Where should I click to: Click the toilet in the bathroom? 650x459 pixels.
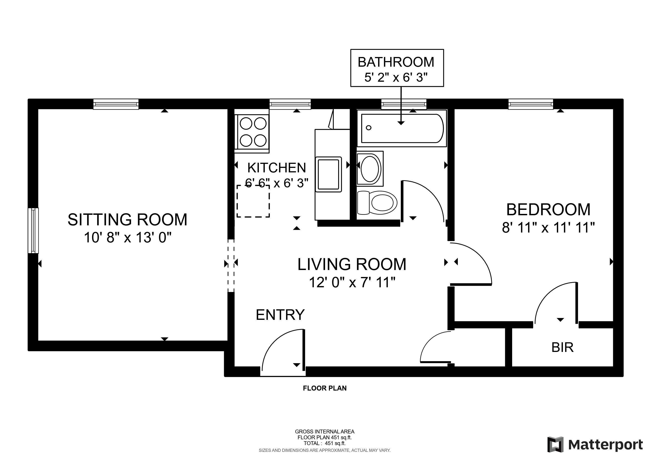coord(377,203)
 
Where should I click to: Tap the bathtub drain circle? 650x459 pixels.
coord(369,128)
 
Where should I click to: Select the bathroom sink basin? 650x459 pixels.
coord(370,169)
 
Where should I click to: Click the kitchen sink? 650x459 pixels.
coord(328,174)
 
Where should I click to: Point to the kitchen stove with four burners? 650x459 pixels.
coord(252,132)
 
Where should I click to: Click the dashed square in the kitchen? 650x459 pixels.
coord(253,201)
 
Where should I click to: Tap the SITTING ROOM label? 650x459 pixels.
coord(127,220)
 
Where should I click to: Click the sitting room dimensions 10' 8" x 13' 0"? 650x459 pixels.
coord(128,237)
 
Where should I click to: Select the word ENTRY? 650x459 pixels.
coord(280,315)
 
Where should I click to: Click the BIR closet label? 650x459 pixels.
coord(562,347)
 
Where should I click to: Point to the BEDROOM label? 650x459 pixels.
coord(548,210)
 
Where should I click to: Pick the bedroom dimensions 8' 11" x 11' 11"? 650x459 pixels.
coord(548,227)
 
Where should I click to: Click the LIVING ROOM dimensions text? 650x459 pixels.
coord(352,282)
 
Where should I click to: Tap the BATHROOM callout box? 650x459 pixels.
coord(397,68)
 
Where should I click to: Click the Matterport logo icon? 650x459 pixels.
coord(555,445)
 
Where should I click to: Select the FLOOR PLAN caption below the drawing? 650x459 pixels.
coord(325,388)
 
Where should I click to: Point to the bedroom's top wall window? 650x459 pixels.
coord(531,104)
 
